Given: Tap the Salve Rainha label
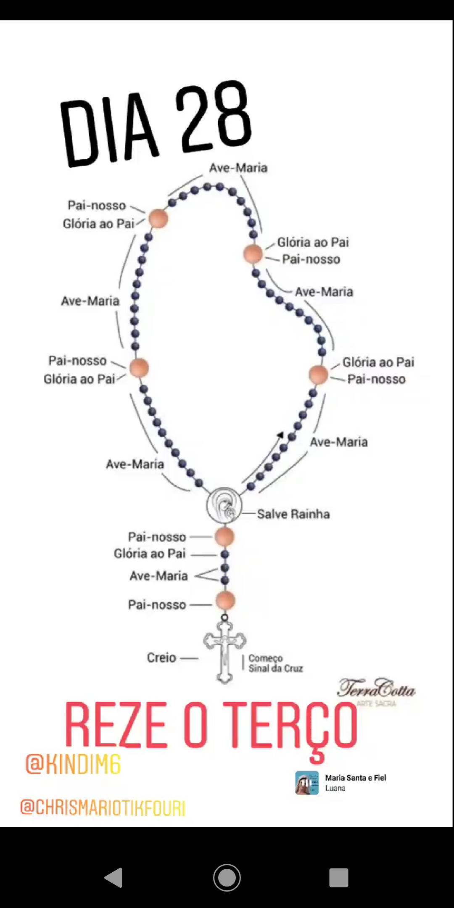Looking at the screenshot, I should click(x=293, y=514).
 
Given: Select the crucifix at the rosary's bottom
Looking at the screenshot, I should click(x=224, y=652).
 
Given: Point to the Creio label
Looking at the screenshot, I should click(x=161, y=657).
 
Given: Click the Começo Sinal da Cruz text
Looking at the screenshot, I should click(x=275, y=663).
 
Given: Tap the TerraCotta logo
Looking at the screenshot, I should click(x=376, y=690).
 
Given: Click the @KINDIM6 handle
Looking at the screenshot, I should click(x=73, y=764).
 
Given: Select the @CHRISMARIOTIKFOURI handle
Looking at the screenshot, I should click(x=103, y=808).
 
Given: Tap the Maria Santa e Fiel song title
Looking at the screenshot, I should click(x=355, y=778).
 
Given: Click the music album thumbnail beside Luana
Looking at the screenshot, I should click(x=307, y=783).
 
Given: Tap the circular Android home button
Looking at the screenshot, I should click(x=227, y=878).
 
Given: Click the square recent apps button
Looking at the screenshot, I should click(x=339, y=878).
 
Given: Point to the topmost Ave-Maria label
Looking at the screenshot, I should click(x=238, y=168).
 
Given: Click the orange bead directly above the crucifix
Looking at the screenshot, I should click(x=225, y=601).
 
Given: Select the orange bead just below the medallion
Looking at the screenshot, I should click(x=224, y=537).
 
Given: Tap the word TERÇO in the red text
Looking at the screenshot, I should click(x=290, y=726).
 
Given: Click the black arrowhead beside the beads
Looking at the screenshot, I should click(x=280, y=435).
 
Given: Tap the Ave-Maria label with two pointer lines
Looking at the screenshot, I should click(x=158, y=575).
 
